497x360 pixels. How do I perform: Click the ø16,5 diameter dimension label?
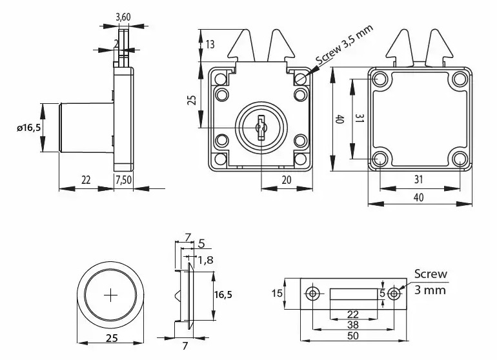pyautogui.click(x=28, y=128)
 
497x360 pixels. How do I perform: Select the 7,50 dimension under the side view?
pyautogui.click(x=123, y=180)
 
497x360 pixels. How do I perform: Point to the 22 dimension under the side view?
pyautogui.click(x=85, y=180)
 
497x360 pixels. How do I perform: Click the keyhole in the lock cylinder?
pyautogui.click(x=261, y=127)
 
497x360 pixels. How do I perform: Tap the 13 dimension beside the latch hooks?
pyautogui.click(x=210, y=44)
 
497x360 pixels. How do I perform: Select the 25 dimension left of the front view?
pyautogui.click(x=191, y=100)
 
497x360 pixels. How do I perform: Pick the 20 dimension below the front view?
pyautogui.click(x=286, y=180)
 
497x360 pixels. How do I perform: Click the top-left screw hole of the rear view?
pyautogui.click(x=379, y=79)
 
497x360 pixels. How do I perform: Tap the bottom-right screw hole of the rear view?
pyautogui.click(x=460, y=159)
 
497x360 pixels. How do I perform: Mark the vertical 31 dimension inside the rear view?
pyautogui.click(x=360, y=119)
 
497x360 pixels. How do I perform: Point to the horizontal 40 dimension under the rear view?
pyautogui.click(x=419, y=198)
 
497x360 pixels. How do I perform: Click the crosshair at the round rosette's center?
pyautogui.click(x=111, y=295)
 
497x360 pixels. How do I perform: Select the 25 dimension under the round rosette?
pyautogui.click(x=111, y=337)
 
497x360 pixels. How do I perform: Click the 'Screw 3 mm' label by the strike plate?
pyautogui.click(x=430, y=282)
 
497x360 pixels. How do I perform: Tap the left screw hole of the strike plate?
pyautogui.click(x=313, y=294)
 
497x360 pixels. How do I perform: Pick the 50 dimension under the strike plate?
pyautogui.click(x=354, y=335)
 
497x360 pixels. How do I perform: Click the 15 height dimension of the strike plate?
pyautogui.click(x=277, y=294)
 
